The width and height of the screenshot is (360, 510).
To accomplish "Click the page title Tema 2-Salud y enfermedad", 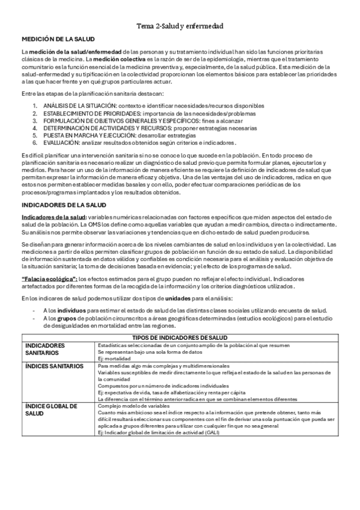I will click(180, 26).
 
